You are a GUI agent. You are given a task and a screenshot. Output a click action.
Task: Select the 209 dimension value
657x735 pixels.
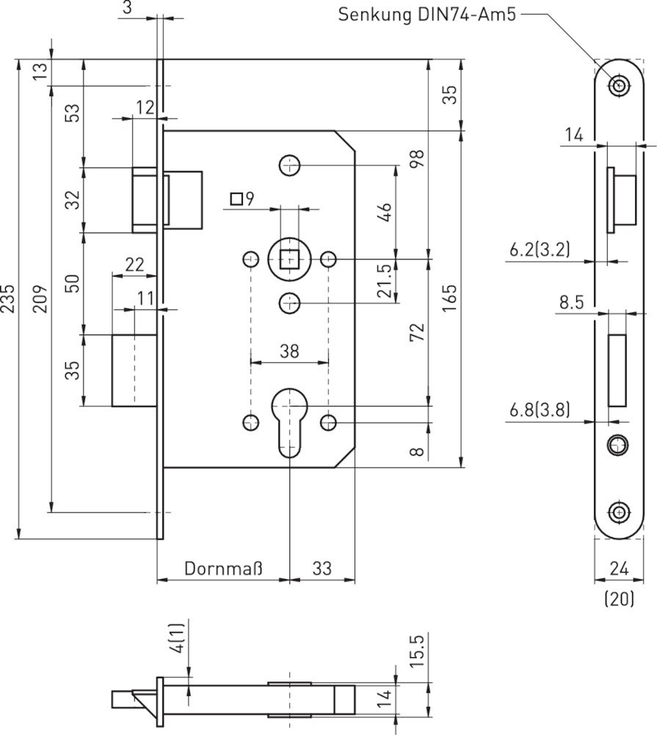tap(41, 298)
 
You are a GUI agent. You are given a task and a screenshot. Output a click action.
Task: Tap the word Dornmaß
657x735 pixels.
tap(223, 568)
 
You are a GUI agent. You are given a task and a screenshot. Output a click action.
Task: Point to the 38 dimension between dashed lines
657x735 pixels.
tap(289, 351)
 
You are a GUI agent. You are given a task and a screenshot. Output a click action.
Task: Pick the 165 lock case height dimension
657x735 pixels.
tap(449, 298)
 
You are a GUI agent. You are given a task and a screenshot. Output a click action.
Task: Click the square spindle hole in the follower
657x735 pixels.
tap(290, 259)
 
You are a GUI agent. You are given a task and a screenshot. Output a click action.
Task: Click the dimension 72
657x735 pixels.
tap(417, 332)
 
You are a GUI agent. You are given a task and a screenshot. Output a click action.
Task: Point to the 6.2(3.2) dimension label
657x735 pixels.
tap(540, 250)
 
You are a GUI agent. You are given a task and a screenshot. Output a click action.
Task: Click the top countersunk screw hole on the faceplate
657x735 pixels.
tap(620, 86)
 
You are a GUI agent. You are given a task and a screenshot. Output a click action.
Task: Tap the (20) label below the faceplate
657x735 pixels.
tap(619, 600)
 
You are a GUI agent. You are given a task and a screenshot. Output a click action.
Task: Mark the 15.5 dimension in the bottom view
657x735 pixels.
tap(416, 650)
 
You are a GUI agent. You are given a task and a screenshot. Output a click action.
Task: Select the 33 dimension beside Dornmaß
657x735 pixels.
tap(322, 568)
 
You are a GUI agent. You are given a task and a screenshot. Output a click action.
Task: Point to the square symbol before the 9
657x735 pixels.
tap(236, 198)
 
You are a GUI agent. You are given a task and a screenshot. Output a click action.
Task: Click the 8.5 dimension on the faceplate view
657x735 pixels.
tap(571, 302)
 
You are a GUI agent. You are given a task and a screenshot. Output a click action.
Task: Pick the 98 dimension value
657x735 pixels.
tap(417, 159)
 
